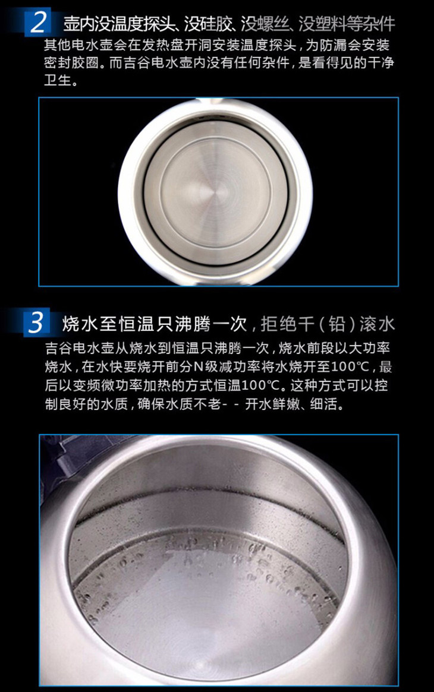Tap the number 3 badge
pos(36,324)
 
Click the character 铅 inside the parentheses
pos(336,324)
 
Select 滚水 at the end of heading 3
pos(378,324)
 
